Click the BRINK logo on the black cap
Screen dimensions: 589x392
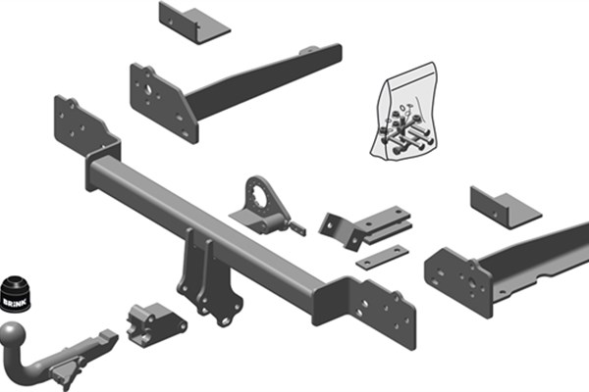[15, 301]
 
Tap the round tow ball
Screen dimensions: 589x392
[13, 334]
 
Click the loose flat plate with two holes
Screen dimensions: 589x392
[382, 256]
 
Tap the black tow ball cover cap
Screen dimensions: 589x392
[15, 294]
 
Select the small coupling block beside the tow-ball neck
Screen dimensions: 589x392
[155, 324]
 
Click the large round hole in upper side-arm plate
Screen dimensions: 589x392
[149, 89]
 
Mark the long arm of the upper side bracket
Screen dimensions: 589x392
[263, 84]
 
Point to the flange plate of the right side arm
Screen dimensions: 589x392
[458, 282]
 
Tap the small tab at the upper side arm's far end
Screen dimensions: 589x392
[309, 50]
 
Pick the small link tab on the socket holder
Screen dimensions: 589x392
[296, 227]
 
